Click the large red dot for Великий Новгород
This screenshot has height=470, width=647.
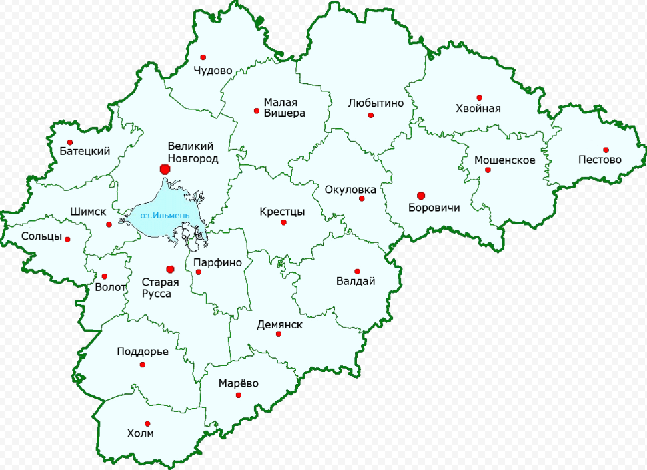[x=165, y=170]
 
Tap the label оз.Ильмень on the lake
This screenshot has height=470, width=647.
[x=165, y=216]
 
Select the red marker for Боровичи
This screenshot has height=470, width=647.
[x=420, y=195]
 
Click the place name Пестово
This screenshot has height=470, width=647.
[x=600, y=160]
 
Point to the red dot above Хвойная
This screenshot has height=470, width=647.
[x=479, y=97]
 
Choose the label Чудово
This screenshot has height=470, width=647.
[x=213, y=70]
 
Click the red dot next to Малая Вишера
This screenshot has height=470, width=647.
[x=257, y=111]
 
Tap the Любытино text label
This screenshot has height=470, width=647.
[x=376, y=103]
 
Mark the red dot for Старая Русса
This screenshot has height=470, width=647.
[x=169, y=269]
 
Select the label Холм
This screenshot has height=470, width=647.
[x=140, y=434]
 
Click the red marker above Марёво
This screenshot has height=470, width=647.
[x=238, y=395]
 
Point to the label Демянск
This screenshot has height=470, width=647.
[x=279, y=325]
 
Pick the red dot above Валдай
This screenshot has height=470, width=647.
[x=357, y=271]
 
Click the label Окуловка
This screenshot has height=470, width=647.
[x=350, y=190]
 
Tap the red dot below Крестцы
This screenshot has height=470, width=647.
[x=283, y=222]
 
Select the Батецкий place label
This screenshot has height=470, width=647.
[x=85, y=152]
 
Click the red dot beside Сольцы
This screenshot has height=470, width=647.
[x=67, y=239]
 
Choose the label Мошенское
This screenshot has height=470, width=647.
[x=504, y=160]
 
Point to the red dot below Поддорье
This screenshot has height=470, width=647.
[x=142, y=364]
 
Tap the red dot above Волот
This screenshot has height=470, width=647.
[x=104, y=276]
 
